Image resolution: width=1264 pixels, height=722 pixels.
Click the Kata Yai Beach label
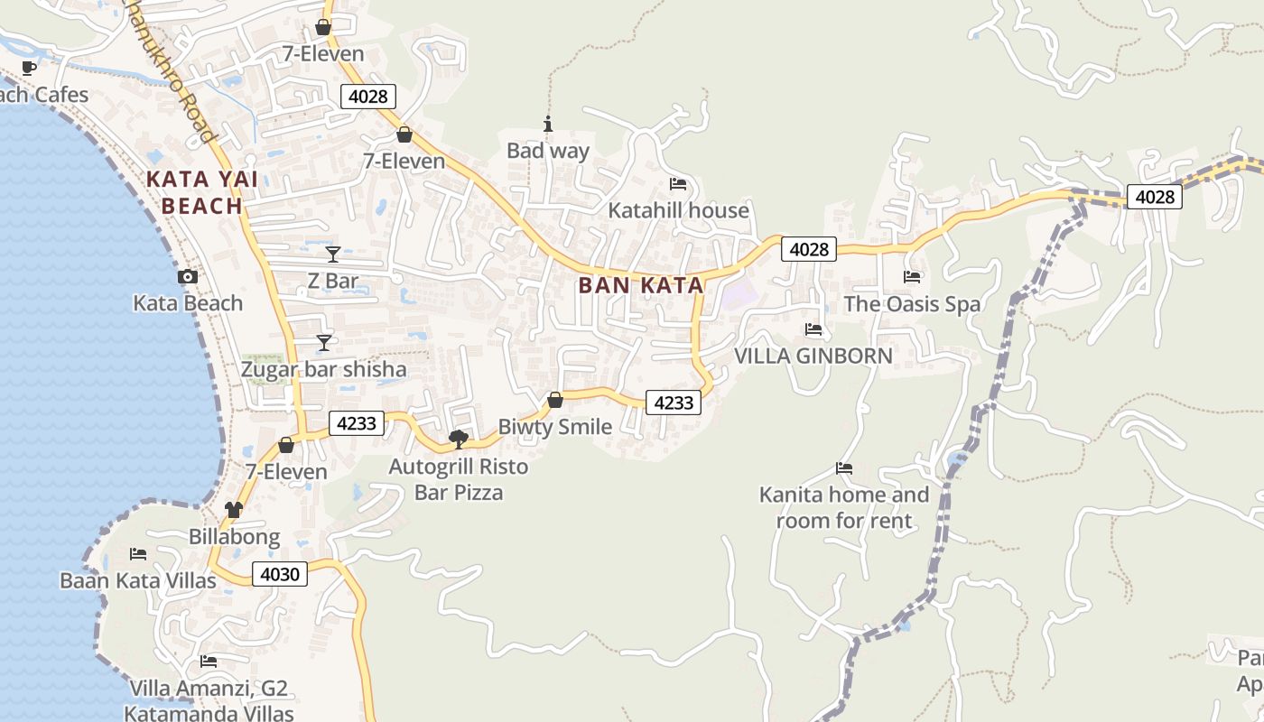coord(201,192)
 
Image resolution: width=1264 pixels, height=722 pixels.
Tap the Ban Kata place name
coord(640,286)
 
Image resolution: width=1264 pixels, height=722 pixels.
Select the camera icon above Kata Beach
coord(188,277)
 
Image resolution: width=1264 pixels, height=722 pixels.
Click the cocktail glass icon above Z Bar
coord(333,255)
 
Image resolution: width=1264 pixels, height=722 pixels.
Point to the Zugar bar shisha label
coord(323,370)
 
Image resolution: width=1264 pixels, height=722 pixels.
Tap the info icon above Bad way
coord(547,124)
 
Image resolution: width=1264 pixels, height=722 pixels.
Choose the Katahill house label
coord(679,210)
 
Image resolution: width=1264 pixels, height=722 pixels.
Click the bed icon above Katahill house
coord(678,184)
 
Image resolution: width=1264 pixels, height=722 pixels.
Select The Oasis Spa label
coord(912,304)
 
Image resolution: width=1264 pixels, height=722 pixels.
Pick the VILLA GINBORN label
coord(813,356)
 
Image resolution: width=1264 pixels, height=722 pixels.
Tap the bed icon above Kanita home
coord(844,467)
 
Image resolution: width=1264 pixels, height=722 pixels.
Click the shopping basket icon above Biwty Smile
coord(555,400)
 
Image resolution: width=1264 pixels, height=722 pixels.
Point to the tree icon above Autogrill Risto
coord(459,440)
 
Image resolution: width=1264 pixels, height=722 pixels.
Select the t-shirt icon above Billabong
coord(234,510)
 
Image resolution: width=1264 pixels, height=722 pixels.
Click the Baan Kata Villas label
coord(138,580)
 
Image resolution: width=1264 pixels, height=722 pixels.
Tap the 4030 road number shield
coord(280,574)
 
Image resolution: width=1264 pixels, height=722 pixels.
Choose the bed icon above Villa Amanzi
coord(209,661)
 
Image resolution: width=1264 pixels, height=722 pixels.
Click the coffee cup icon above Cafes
coord(29,68)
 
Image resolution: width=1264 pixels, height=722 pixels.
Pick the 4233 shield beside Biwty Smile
coord(674,403)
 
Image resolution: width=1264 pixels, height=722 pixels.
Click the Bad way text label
coord(548,151)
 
